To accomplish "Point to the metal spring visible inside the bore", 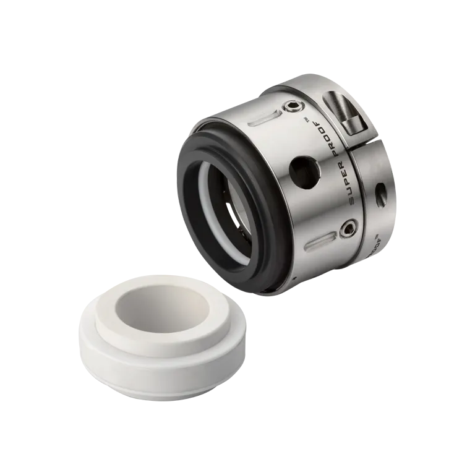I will coord(232,213).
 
